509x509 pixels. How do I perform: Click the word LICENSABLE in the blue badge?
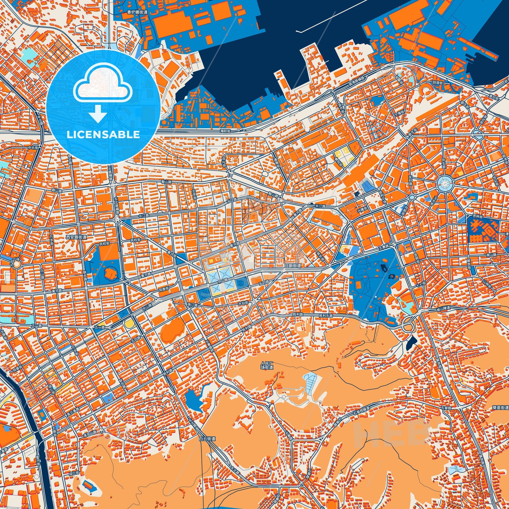coord(103,134)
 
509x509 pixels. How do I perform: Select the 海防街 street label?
coord(225,131)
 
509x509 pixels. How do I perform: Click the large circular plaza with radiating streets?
coord(444,182)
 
